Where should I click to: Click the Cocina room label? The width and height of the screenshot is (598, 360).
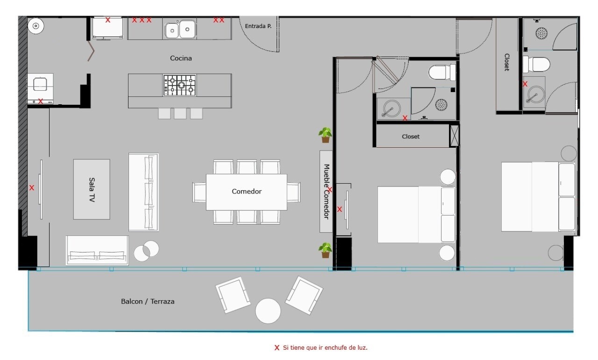click(181, 58)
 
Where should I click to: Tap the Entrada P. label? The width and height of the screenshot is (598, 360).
click(258, 26)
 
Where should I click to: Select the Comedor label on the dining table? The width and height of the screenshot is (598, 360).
click(246, 191)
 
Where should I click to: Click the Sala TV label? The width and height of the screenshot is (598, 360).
click(92, 190)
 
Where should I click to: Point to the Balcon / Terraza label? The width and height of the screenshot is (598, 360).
click(148, 302)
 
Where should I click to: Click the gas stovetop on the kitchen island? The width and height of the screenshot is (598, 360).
click(180, 85)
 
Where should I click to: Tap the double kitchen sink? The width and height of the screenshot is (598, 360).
click(180, 29)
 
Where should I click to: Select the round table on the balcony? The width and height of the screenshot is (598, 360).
click(268, 311)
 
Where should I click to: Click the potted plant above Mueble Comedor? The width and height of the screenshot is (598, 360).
click(325, 135)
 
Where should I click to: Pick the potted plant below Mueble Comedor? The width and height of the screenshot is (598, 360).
click(325, 251)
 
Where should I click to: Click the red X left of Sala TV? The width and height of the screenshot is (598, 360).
click(32, 188)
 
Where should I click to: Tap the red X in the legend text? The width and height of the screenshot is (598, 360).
click(277, 348)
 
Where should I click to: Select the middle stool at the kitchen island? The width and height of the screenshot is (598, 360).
click(180, 114)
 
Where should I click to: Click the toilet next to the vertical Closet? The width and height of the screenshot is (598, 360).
click(536, 65)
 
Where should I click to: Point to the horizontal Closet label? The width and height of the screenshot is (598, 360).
click(411, 137)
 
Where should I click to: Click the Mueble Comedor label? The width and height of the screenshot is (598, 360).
click(327, 192)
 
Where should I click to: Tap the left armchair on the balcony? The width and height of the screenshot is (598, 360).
click(233, 295)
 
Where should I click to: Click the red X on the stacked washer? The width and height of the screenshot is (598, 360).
click(41, 101)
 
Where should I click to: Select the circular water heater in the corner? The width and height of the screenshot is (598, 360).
click(36, 26)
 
